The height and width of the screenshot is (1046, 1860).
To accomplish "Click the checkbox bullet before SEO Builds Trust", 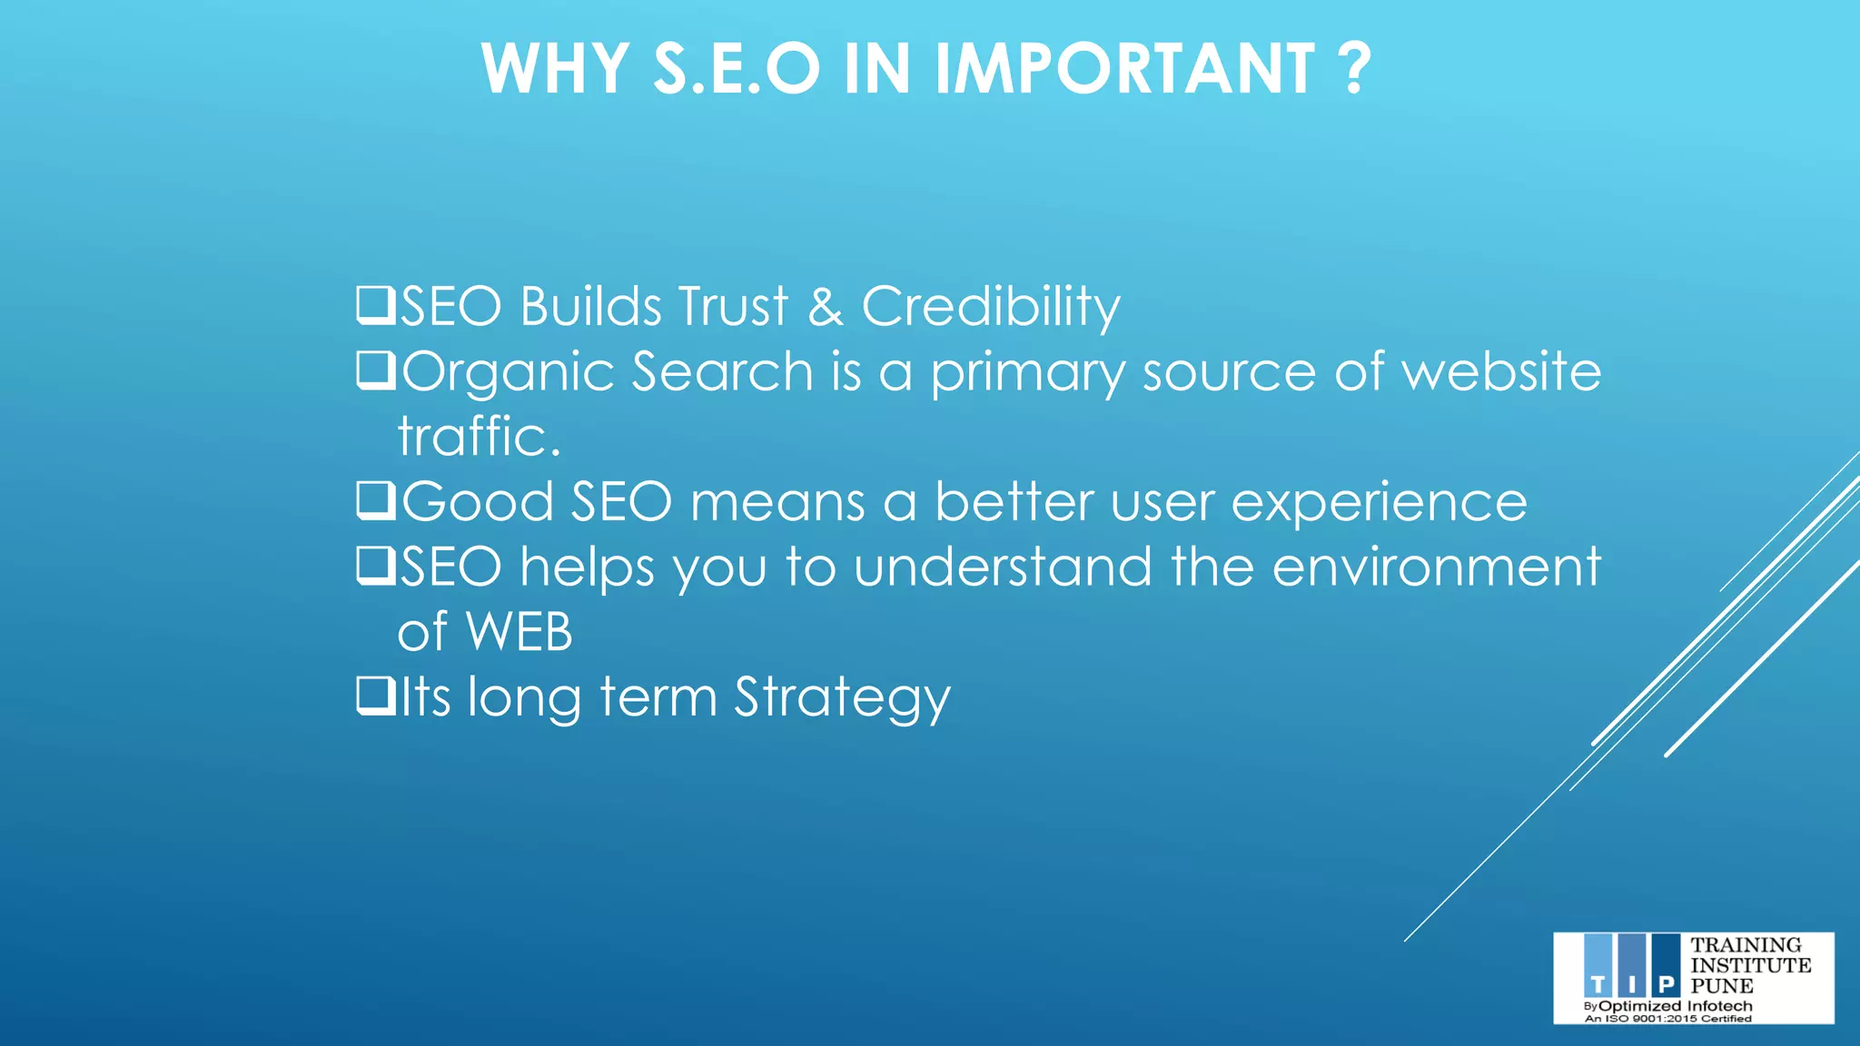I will click(375, 305).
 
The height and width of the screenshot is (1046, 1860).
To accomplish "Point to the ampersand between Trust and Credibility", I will click(825, 307).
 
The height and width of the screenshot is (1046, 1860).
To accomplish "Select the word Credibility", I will click(990, 307).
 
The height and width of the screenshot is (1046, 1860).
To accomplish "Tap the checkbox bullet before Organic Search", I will click(375, 370).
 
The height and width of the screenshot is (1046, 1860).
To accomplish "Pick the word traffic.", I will click(479, 437).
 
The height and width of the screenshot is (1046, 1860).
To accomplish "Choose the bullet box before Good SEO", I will click(375, 500).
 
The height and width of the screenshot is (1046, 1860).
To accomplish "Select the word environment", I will click(1436, 567).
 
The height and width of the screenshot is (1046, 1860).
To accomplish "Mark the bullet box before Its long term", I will click(375, 696).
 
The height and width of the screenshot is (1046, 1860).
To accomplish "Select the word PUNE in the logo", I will click(1722, 986).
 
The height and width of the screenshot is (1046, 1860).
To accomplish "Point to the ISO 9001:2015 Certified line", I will click(1667, 1019).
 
